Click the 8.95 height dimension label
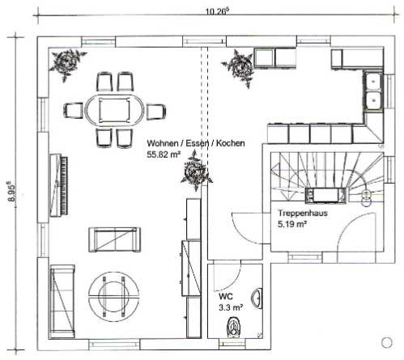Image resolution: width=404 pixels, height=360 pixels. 11,193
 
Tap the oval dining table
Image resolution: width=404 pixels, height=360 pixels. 114,111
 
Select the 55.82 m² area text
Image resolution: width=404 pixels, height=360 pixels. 164,155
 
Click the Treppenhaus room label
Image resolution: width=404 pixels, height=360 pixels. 303,214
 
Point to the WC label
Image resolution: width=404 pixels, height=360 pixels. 226,296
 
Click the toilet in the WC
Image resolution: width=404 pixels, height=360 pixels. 233,327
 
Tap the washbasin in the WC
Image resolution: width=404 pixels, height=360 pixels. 257,298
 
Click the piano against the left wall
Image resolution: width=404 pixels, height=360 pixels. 58,185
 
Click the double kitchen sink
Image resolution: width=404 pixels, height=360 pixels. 373,91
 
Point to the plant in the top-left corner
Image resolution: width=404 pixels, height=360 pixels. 66,64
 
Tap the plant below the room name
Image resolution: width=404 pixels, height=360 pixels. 196,172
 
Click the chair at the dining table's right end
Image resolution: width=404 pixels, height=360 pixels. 156,112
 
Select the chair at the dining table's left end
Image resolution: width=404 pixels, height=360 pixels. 73,111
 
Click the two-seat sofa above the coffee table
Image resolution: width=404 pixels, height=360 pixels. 114,239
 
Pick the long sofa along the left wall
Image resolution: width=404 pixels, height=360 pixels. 62,301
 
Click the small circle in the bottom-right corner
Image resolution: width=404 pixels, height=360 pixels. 387,342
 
